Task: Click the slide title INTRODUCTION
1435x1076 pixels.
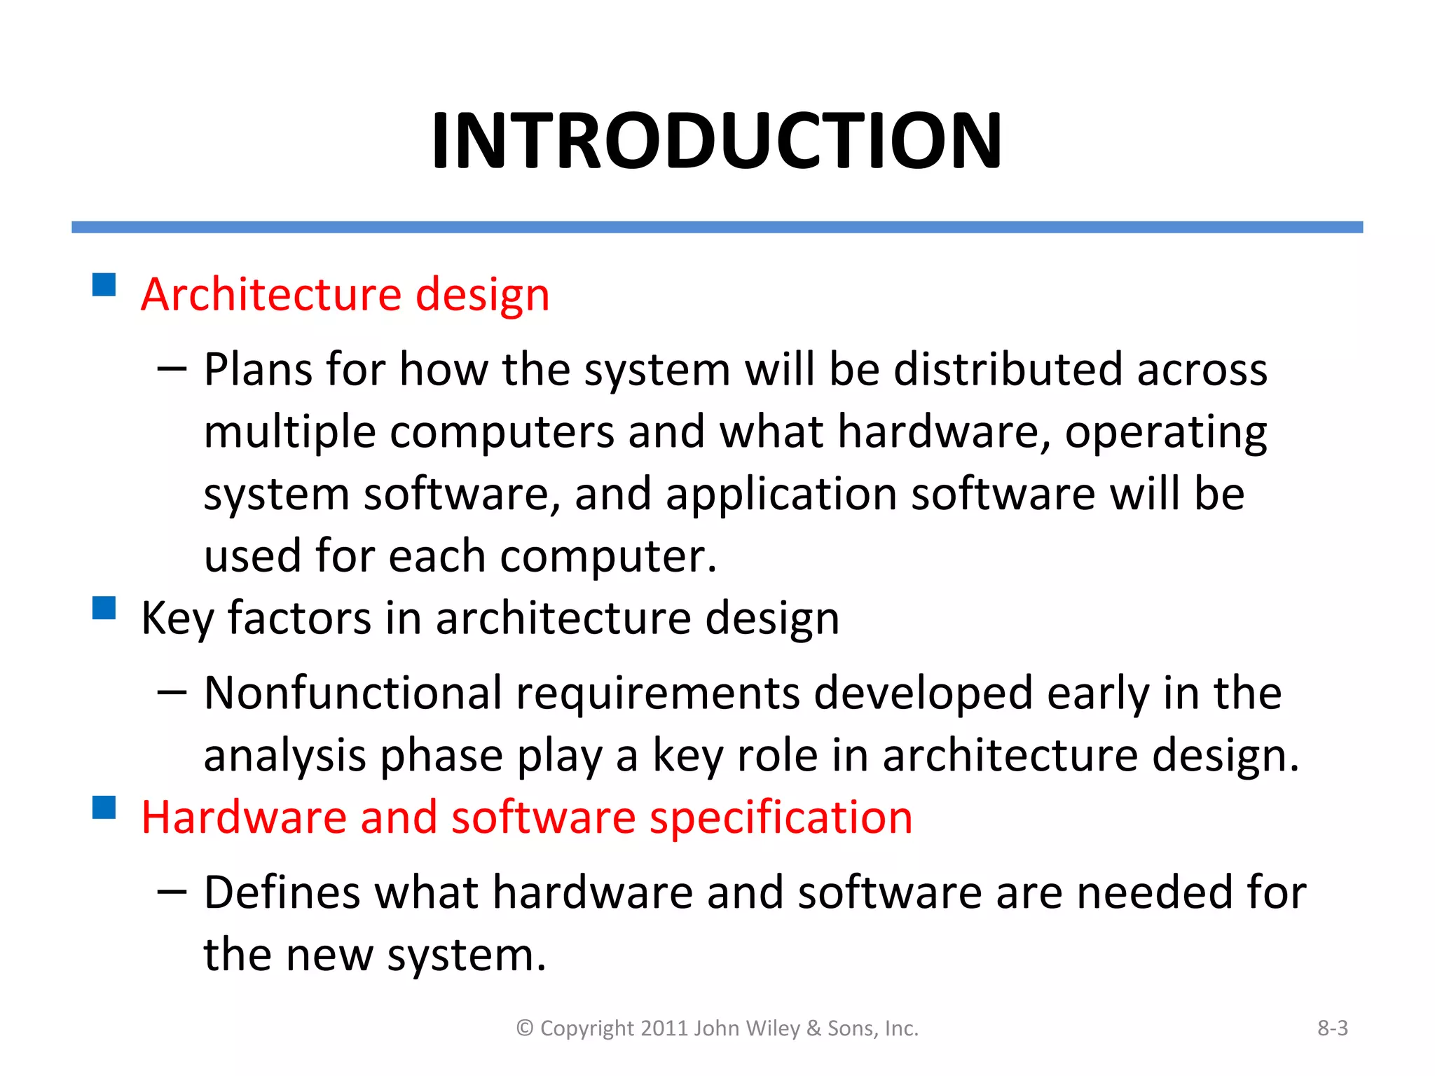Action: click(716, 141)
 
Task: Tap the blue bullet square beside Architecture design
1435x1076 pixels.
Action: click(104, 285)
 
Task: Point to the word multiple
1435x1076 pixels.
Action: click(289, 433)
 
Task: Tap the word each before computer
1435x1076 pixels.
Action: click(437, 556)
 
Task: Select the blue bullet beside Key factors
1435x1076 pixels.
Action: click(104, 608)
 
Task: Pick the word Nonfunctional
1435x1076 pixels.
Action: click(353, 694)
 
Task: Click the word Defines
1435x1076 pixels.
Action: click(282, 892)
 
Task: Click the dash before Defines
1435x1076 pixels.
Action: click(172, 892)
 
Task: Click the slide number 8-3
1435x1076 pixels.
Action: click(1332, 1028)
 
